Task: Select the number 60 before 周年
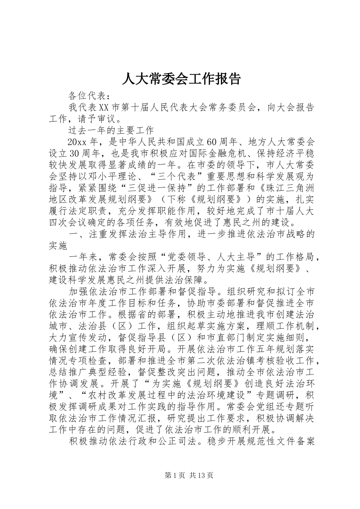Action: [211, 142]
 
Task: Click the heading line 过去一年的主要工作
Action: [111, 130]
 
